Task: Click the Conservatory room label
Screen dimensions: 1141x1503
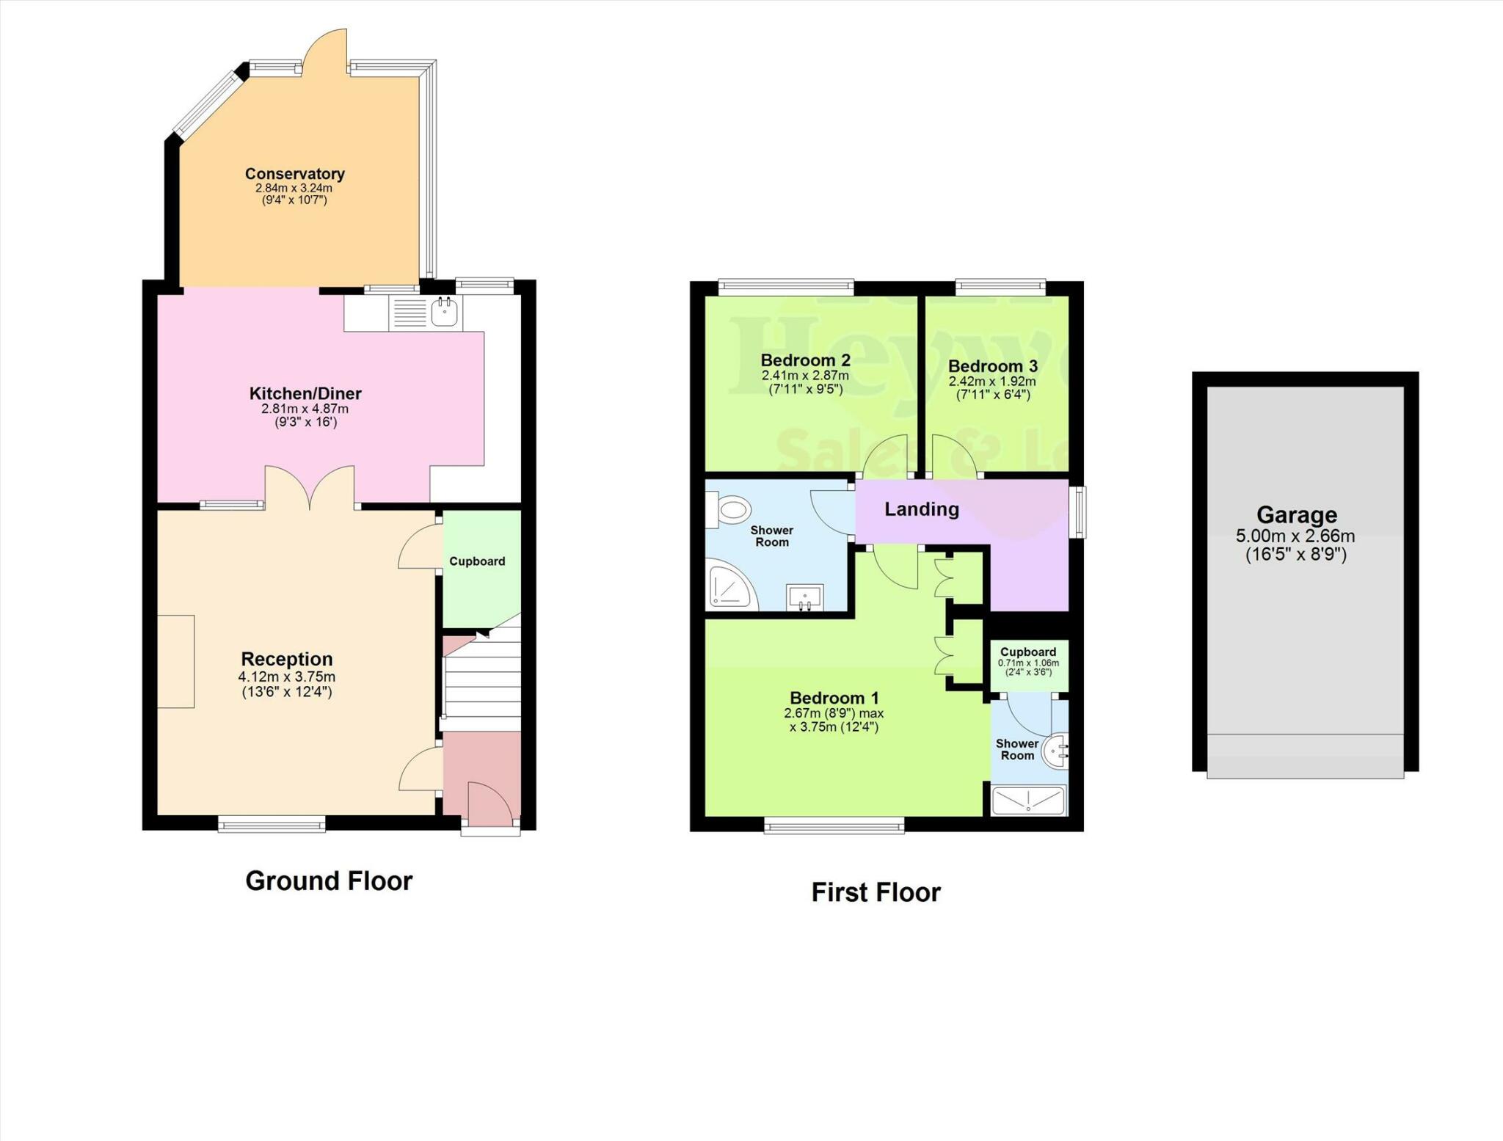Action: (x=294, y=174)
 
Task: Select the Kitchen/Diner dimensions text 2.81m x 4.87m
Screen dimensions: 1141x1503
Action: (x=305, y=409)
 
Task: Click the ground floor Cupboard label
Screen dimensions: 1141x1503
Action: (x=477, y=561)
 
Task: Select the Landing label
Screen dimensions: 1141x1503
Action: (x=921, y=509)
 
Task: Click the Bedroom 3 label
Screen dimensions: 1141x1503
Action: (x=992, y=366)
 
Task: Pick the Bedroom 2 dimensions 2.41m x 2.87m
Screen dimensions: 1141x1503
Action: (x=805, y=376)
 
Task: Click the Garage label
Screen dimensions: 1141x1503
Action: (x=1296, y=514)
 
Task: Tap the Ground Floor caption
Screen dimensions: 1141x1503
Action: (x=329, y=881)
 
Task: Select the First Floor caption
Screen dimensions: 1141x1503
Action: (x=876, y=892)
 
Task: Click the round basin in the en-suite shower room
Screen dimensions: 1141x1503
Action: (x=1056, y=751)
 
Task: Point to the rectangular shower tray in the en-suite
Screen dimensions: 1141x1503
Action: (x=1028, y=801)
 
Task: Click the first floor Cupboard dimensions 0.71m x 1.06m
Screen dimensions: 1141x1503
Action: (x=1028, y=663)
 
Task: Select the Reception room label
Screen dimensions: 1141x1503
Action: (x=287, y=659)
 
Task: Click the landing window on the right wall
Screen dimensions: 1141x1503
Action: (x=1077, y=511)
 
